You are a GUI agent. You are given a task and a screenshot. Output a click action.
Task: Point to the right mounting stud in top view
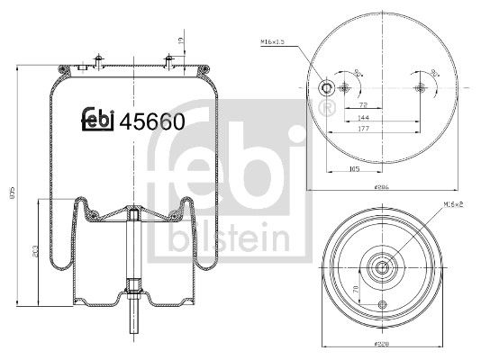pos(420,87)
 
